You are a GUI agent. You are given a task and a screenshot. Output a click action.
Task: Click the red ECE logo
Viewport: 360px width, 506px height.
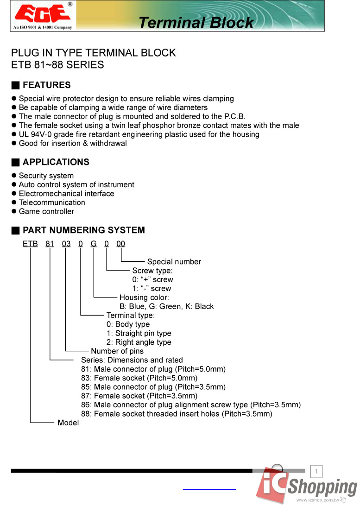pos(42,14)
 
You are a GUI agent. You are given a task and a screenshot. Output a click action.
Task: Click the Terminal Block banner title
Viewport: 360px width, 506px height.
pos(196,22)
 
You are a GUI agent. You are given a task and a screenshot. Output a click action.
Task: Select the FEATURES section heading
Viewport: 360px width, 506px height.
pos(46,85)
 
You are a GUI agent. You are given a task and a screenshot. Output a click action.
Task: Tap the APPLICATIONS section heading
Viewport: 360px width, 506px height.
pos(56,162)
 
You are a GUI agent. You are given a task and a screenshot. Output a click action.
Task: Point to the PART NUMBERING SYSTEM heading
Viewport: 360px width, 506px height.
pos(83,230)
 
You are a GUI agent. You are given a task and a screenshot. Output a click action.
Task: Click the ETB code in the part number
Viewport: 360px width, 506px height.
pos(30,244)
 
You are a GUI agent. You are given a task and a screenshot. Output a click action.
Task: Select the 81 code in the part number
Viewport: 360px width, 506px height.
pos(50,244)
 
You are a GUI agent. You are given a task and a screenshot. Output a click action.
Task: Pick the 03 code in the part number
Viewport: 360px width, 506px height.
pos(66,244)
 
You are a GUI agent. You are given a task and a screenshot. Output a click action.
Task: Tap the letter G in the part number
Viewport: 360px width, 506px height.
pos(94,244)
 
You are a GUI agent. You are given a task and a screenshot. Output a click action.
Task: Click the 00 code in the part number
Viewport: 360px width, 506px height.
pos(120,244)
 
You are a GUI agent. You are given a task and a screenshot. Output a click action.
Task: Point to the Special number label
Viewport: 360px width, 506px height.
pos(174,262)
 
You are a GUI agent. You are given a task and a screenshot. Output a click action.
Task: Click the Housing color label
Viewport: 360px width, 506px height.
pos(144,297)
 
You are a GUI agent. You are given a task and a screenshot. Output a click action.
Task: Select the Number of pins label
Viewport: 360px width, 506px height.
pos(117,351)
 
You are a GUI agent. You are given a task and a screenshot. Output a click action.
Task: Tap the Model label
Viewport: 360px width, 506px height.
pos(68,423)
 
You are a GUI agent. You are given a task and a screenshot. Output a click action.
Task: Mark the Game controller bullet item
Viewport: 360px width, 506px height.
pos(46,211)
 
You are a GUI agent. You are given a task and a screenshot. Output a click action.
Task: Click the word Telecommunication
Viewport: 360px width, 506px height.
pos(52,202)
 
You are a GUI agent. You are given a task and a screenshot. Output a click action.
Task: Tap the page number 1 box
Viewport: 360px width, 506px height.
pos(316,472)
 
